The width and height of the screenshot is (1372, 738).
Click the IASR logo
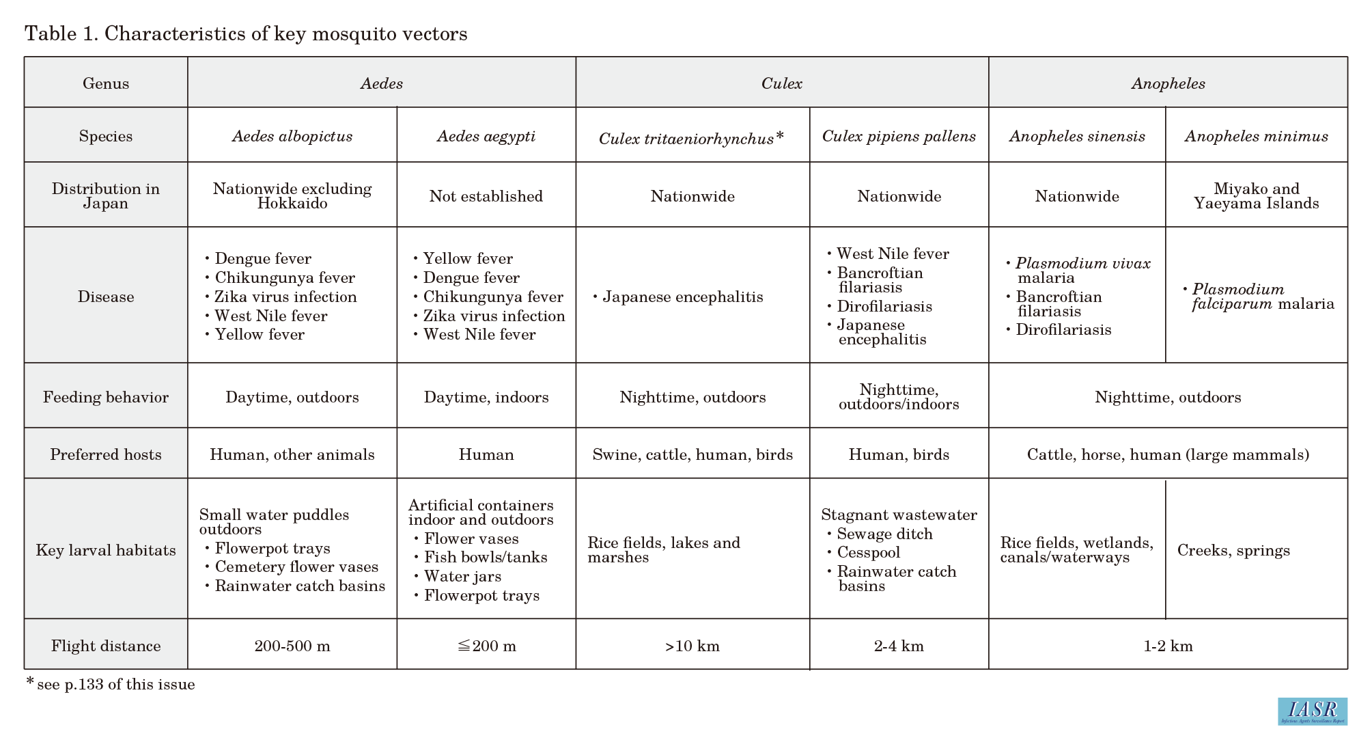click(1312, 711)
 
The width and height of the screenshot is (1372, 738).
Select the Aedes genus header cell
click(381, 83)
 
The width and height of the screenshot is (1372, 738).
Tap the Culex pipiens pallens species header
click(899, 136)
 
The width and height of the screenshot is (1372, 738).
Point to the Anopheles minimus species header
click(1256, 136)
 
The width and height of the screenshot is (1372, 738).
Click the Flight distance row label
click(106, 646)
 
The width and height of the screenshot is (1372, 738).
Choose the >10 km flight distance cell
click(692, 646)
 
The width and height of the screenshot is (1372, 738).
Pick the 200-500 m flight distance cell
click(292, 646)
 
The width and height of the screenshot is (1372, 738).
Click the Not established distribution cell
click(486, 196)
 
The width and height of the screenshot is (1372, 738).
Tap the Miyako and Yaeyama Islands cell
click(1256, 196)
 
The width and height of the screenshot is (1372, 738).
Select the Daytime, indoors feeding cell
click(486, 397)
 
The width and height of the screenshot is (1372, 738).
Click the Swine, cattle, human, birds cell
click(692, 454)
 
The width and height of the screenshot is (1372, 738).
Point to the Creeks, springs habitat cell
click(1233, 550)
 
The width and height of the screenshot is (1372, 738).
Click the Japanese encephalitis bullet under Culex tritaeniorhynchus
click(682, 297)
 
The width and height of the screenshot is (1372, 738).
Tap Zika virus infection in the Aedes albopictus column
click(285, 297)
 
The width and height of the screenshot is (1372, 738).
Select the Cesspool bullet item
click(868, 552)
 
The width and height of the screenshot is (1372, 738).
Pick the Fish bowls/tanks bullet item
click(486, 557)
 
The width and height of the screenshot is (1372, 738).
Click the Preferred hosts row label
click(106, 454)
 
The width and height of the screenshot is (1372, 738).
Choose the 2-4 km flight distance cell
click(899, 646)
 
